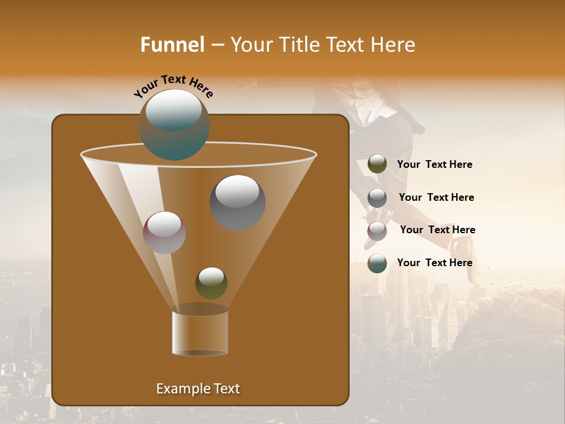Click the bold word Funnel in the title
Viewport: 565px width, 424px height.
pyautogui.click(x=172, y=45)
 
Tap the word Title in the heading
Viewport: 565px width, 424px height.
pyautogui.click(x=300, y=45)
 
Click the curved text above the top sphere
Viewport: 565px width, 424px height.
pyautogui.click(x=174, y=85)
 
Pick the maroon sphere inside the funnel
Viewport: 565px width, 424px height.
pyautogui.click(x=164, y=233)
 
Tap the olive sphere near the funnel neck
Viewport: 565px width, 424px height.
pyautogui.click(x=211, y=283)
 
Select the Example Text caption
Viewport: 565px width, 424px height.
pyautogui.click(x=198, y=389)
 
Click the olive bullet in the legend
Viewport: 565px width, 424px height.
pyautogui.click(x=377, y=164)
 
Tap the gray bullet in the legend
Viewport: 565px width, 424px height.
pyautogui.click(x=377, y=198)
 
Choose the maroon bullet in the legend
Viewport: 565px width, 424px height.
pyautogui.click(x=377, y=231)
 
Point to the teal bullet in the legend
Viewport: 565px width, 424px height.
pyautogui.click(x=377, y=263)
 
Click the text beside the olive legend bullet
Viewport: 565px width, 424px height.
pyautogui.click(x=434, y=165)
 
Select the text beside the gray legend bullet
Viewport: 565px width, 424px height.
pyautogui.click(x=436, y=198)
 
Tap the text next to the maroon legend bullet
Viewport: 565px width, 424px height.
pyautogui.click(x=437, y=230)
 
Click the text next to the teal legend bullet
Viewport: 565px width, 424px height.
pyautogui.click(x=434, y=263)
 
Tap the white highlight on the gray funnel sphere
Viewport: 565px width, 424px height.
pyautogui.click(x=238, y=191)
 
